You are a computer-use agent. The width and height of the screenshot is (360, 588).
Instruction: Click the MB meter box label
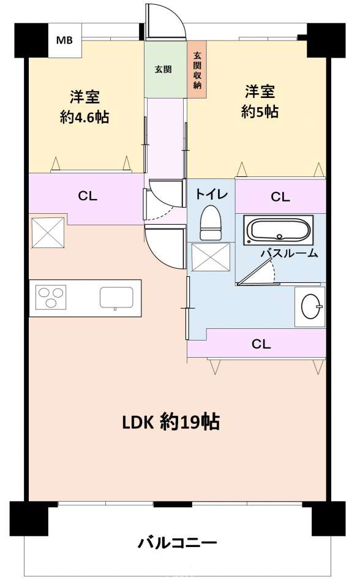point(64,40)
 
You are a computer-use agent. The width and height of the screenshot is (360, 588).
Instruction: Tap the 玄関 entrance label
point(163,69)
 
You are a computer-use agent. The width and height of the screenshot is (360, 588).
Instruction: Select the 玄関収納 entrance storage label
point(197,70)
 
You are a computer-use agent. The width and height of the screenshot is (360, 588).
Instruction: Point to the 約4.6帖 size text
point(84,118)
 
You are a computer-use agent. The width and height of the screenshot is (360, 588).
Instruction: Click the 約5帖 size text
point(260,111)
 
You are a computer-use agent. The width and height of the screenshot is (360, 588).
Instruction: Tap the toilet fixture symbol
point(211,223)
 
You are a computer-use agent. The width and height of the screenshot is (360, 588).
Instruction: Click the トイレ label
point(211,194)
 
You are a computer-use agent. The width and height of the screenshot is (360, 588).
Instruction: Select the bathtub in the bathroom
point(279,230)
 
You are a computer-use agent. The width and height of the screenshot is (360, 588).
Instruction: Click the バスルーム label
point(289,254)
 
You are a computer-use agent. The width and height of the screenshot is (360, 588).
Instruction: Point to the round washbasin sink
point(310,306)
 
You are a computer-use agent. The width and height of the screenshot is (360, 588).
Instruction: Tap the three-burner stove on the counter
point(51,298)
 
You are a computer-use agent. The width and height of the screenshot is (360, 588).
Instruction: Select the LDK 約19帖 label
point(171,422)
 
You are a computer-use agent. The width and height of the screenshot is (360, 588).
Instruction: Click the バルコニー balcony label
point(178,543)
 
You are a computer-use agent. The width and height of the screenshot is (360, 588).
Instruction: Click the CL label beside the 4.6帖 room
point(88,196)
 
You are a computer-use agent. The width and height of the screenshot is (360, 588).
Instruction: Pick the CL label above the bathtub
point(280,197)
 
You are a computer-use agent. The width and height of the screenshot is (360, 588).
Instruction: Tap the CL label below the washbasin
point(261,344)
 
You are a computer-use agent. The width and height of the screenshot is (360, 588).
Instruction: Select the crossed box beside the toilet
point(211,257)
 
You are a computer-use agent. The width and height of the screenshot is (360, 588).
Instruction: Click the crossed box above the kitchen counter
point(48,233)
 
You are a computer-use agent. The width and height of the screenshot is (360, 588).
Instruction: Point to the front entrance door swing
point(165,21)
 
